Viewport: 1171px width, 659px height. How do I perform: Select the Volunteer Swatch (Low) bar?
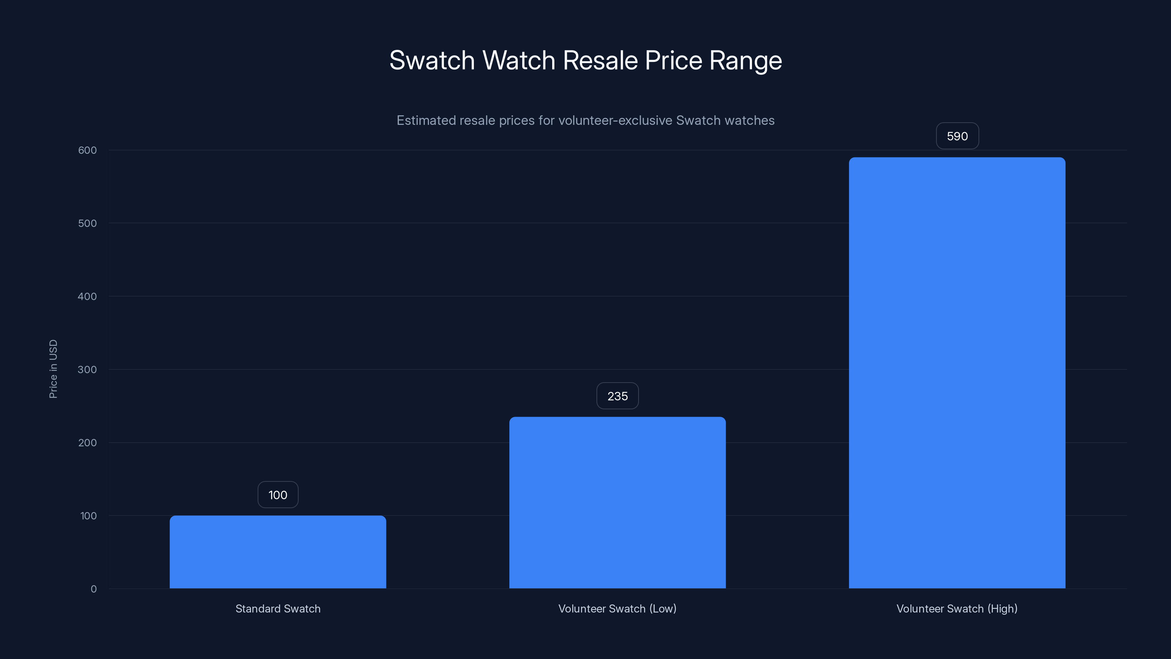tap(617, 503)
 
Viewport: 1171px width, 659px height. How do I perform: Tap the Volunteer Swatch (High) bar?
tap(957, 373)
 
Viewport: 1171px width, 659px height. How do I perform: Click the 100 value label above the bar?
tap(278, 495)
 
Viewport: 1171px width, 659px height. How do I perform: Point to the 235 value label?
tap(617, 396)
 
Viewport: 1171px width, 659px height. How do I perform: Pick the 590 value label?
tap(957, 136)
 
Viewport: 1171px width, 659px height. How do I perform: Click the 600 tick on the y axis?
tap(87, 150)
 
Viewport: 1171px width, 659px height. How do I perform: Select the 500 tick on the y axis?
tap(87, 223)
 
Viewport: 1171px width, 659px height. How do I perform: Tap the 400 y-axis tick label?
tap(87, 297)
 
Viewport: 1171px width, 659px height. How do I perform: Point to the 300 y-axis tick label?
tap(87, 369)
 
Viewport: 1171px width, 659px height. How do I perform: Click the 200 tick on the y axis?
tap(87, 443)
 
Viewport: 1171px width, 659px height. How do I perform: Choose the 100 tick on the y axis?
tap(88, 516)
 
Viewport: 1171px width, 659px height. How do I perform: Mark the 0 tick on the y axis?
tap(94, 589)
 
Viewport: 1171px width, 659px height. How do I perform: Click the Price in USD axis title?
tap(53, 369)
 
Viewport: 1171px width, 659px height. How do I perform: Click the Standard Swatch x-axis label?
tap(278, 608)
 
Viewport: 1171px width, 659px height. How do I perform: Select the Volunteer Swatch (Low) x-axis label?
tap(617, 608)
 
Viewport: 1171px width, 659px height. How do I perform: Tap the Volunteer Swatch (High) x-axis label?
tap(957, 608)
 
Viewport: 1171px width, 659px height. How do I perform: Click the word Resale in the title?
tap(600, 60)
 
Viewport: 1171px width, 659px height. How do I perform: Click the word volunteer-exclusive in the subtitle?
tap(615, 120)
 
